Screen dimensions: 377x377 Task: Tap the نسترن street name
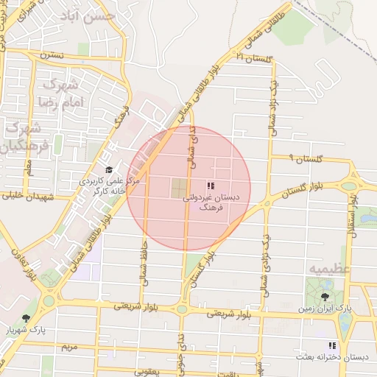(x=52, y=55)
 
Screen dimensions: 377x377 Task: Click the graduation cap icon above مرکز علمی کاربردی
(x=109, y=169)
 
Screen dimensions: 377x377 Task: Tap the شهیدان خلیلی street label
(x=29, y=197)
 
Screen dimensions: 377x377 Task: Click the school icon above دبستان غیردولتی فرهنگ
(x=210, y=186)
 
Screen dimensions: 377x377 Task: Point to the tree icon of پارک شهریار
(x=27, y=318)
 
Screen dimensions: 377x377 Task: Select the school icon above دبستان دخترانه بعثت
(x=332, y=345)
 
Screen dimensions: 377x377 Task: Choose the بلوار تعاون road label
(x=21, y=265)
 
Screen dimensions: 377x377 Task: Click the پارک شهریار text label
(x=27, y=331)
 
